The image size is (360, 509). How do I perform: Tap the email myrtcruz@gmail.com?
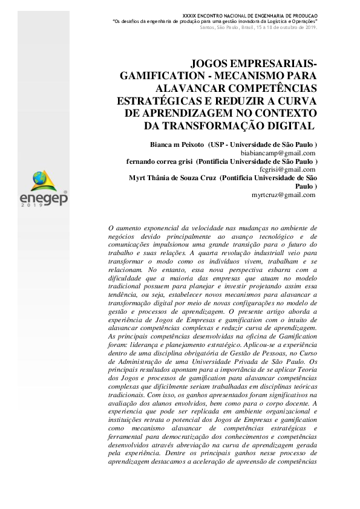(283, 195)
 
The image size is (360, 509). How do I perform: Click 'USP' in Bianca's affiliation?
(218, 146)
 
